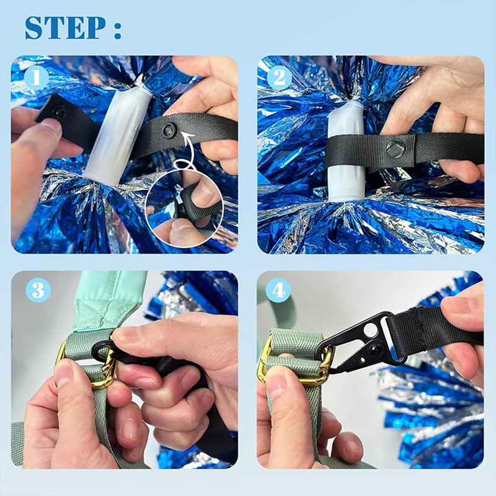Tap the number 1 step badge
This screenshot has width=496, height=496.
37,78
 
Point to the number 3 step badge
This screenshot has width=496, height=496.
38,290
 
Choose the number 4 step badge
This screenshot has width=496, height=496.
278,290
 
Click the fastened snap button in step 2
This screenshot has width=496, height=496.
395,149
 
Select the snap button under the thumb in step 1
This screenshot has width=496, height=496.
60,112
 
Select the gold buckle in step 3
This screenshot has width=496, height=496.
99,366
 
